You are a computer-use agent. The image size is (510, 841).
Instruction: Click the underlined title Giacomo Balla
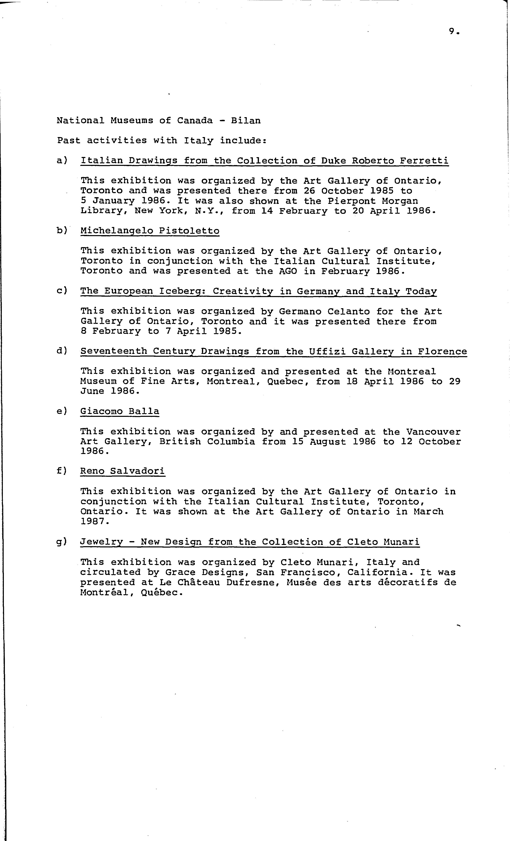pyautogui.click(x=120, y=411)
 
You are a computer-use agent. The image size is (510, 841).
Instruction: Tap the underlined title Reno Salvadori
pyautogui.click(x=122, y=471)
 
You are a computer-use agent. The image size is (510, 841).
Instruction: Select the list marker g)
pyautogui.click(x=62, y=542)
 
